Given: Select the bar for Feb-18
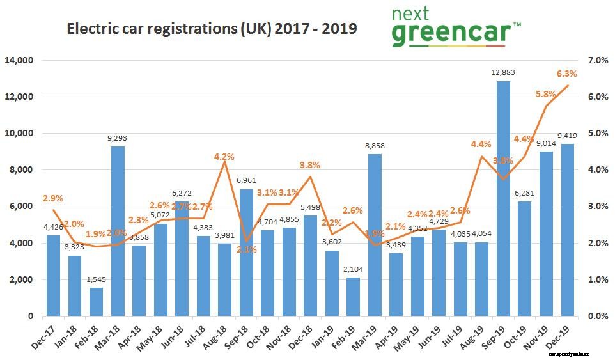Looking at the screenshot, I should pos(97,302).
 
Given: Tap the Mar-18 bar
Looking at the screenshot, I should pos(118,231).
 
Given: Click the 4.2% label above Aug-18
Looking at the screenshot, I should pos(224,155).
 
